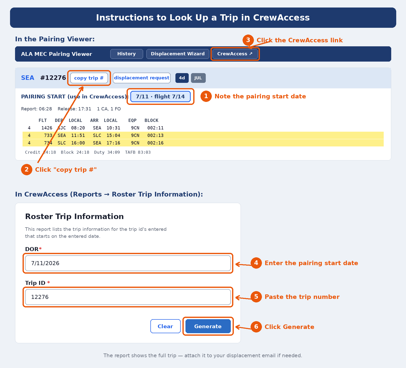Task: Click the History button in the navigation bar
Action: click(x=127, y=54)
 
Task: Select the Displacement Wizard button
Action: click(x=178, y=54)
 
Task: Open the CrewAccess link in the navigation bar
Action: click(x=235, y=54)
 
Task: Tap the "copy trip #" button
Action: click(x=89, y=78)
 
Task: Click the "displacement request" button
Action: click(x=142, y=78)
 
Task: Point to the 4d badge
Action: click(x=182, y=78)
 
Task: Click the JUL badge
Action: click(x=198, y=78)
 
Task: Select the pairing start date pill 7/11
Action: click(x=160, y=97)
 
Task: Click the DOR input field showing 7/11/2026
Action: click(x=128, y=263)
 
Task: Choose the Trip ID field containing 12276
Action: click(x=128, y=297)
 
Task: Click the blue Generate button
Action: click(x=208, y=326)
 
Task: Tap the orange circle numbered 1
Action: click(x=206, y=96)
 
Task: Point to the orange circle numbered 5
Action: click(x=256, y=297)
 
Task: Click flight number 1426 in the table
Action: click(x=47, y=128)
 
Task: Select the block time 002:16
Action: click(x=155, y=143)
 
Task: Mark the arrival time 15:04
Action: click(x=113, y=135)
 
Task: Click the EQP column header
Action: click(x=132, y=120)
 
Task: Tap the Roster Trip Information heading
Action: click(x=74, y=217)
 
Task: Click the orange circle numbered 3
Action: click(x=248, y=40)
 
